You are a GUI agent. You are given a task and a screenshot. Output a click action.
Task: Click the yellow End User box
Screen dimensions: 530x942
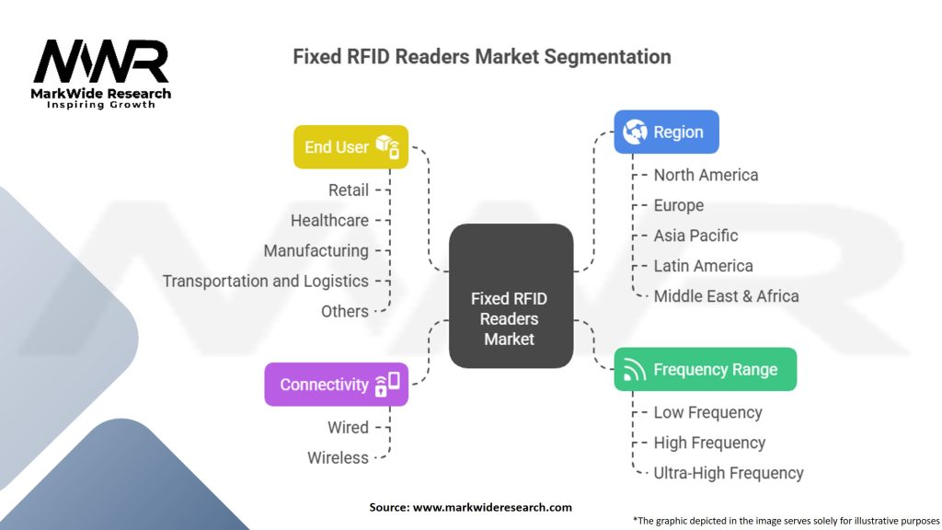tap(350, 147)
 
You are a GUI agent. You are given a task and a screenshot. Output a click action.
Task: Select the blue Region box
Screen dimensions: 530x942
tap(666, 132)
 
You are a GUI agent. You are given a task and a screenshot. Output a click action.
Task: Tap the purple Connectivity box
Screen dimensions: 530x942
tap(336, 385)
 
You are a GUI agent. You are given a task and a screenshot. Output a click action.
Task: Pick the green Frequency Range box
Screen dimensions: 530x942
tap(705, 370)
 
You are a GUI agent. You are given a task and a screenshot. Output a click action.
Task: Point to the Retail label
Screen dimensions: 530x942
tap(348, 190)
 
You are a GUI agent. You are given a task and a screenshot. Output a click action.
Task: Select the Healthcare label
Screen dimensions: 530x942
tap(329, 221)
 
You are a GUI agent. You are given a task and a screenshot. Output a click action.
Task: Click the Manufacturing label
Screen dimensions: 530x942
tap(316, 251)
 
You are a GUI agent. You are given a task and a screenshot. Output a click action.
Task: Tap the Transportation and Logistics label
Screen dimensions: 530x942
tap(265, 282)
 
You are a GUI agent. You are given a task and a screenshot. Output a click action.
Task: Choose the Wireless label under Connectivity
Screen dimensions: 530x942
tap(338, 458)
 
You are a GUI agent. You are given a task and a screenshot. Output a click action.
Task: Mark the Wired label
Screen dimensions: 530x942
tap(348, 428)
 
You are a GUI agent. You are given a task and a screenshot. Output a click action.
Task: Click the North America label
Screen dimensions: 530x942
tap(706, 175)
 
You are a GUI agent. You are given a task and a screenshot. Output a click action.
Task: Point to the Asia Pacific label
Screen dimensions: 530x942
tap(695, 236)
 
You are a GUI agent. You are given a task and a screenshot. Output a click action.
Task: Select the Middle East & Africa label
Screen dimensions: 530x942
tap(726, 296)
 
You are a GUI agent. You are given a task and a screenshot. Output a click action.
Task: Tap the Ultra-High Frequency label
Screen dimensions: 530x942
tap(729, 473)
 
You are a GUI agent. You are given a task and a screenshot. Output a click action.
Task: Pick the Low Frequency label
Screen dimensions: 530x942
tap(707, 412)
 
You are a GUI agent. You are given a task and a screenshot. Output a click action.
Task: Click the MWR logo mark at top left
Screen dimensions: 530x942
tap(101, 63)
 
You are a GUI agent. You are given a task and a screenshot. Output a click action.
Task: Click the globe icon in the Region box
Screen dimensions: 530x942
tap(636, 132)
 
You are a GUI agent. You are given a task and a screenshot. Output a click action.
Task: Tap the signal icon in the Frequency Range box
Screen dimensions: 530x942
tap(635, 370)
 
